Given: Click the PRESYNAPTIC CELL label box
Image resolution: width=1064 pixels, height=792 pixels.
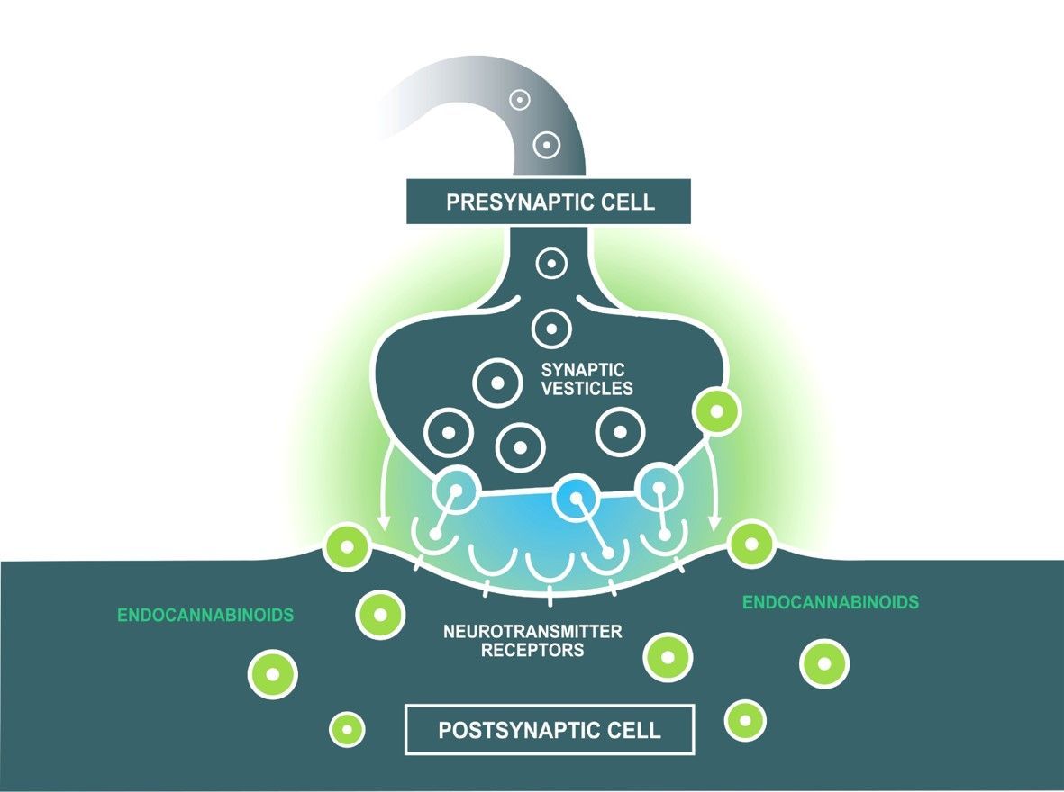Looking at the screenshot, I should coord(549,201).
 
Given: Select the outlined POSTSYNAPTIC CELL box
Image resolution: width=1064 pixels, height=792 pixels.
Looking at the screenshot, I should coord(550,729).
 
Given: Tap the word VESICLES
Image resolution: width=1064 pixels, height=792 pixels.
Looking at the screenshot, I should coord(587,389).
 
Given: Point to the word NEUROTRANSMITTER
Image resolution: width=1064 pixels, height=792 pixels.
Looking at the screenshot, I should coord(532,632).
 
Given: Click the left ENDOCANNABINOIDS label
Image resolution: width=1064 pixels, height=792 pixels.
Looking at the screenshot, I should coord(205,616).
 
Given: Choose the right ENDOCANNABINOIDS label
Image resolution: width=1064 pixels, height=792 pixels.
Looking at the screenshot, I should coord(830,603).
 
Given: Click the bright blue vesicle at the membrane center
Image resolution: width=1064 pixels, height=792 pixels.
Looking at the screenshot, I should coord(576,496).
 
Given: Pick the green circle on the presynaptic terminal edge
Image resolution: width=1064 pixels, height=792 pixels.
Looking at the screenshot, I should coord(716,412).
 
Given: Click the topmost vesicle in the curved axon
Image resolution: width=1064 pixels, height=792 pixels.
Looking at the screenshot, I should coord(519,101).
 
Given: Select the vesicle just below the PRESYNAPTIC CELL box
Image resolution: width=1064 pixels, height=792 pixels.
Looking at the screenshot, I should coord(550,265).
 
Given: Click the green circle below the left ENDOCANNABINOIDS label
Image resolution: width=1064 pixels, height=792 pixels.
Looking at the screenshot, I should coord(272,674).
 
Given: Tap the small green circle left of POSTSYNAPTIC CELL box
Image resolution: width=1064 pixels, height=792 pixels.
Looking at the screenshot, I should coord(347,728).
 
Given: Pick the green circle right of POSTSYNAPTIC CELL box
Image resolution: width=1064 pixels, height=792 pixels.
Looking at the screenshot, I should coord(745,719).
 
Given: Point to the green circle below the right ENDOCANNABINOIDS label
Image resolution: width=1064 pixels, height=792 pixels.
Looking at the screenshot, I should coord(824,663).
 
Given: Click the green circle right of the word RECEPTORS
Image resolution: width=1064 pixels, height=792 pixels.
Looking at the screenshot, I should coord(668,657).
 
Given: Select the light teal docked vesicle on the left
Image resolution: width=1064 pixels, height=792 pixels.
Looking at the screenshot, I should coord(456,491).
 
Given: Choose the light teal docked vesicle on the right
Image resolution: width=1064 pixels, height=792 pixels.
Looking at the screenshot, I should coord(660,487).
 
